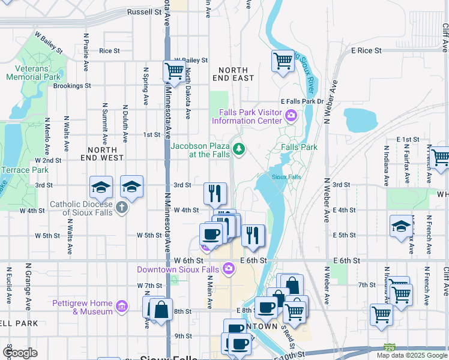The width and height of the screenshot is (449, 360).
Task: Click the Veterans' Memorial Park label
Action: pos(33,72)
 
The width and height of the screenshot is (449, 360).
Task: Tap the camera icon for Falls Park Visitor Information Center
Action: pos(291,116)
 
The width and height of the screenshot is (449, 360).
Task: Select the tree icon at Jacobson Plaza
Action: pos(240,148)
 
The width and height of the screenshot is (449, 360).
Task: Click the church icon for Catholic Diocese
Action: pos(122,208)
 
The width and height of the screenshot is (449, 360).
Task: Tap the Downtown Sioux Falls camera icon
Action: pos(228,269)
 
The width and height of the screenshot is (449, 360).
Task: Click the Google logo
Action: pos(20,353)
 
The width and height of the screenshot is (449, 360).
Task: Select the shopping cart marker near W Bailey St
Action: pos(174,71)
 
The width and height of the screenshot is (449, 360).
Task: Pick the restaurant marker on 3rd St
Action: pos(215,193)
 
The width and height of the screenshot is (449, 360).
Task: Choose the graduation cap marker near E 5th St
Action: pos(401,226)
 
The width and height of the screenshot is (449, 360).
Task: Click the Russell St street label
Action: pos(145,11)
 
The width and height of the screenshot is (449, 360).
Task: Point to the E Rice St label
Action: pos(366,51)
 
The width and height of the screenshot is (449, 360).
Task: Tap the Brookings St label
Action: pos(72,86)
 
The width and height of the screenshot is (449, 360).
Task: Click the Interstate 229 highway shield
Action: pos(390,347)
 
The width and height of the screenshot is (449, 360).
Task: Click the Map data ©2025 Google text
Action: pos(411,355)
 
